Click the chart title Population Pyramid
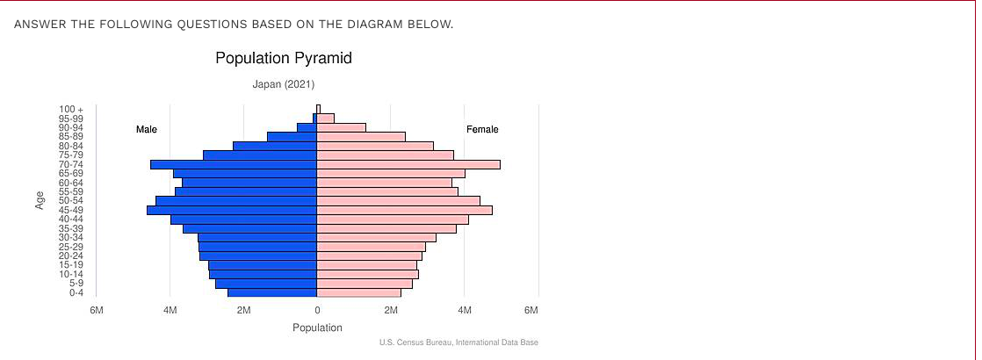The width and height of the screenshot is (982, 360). click(x=283, y=59)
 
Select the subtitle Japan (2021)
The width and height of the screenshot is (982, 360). click(x=283, y=84)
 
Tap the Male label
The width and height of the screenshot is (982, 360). click(x=147, y=130)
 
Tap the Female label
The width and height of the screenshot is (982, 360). click(x=482, y=130)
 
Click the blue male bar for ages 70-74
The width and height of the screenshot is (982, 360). click(x=234, y=164)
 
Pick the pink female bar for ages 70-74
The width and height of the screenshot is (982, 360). click(x=408, y=164)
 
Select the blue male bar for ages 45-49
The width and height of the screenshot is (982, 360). click(x=232, y=210)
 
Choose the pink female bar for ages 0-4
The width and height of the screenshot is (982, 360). click(x=358, y=292)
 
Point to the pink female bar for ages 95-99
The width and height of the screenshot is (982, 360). click(x=325, y=118)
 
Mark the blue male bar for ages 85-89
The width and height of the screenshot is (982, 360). click(x=292, y=136)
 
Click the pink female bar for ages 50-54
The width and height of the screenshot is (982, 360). click(x=398, y=200)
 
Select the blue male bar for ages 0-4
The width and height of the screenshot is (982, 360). click(x=272, y=292)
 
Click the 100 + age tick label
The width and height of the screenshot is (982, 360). click(x=71, y=109)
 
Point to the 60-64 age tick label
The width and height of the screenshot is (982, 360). click(x=71, y=183)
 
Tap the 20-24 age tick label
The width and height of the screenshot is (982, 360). click(x=71, y=256)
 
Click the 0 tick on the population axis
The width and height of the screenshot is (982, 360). click(x=317, y=310)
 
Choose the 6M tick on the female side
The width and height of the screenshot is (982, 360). click(x=531, y=310)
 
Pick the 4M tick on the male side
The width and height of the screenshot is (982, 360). click(x=170, y=310)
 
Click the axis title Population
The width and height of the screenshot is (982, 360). click(x=317, y=328)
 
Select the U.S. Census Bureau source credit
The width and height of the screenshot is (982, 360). click(x=459, y=342)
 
